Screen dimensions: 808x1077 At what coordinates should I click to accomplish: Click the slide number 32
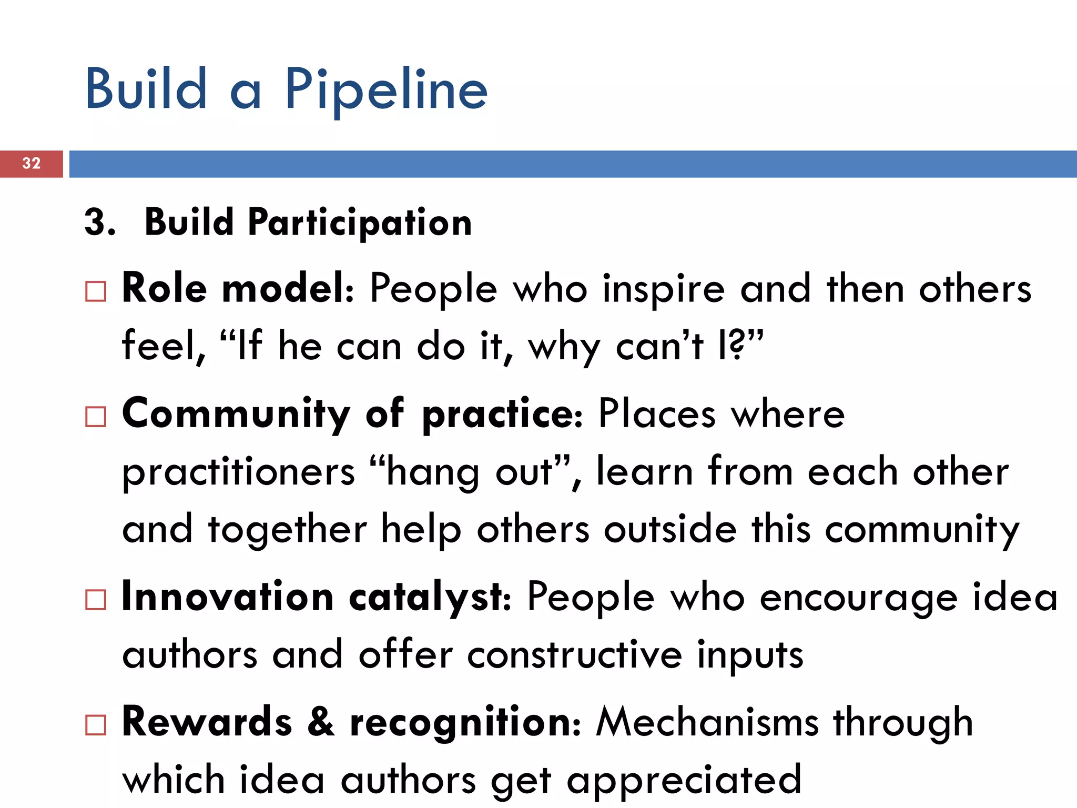[x=32, y=163]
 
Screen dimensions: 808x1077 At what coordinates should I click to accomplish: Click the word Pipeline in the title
[x=387, y=90]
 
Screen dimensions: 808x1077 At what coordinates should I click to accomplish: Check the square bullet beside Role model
[x=96, y=291]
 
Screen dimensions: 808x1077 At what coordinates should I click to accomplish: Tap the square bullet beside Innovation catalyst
[x=96, y=599]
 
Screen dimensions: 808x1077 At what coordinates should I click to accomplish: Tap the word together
[x=288, y=529]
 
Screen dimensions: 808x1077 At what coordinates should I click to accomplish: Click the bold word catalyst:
[x=430, y=599]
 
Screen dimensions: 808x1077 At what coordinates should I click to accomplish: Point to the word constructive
[x=574, y=655]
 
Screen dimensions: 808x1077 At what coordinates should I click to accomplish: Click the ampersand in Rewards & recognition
[x=321, y=723]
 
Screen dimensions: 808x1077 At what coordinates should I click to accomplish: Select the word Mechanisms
[x=707, y=723]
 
